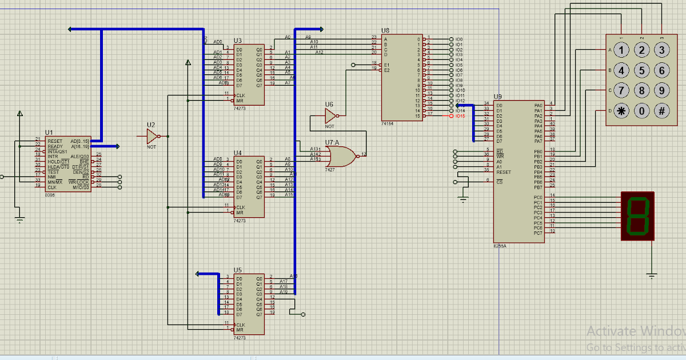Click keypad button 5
642,70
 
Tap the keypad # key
661,110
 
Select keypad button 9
661,90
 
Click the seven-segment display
637,216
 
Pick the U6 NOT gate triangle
330,116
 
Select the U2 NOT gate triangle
152,136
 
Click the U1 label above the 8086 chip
49,133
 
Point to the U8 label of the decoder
385,30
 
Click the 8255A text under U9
500,246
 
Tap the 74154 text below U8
387,123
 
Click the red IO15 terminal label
460,116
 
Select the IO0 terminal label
459,39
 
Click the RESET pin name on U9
503,171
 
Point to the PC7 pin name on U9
537,233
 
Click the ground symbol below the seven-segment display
652,275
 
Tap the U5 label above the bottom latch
238,270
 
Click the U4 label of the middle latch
238,153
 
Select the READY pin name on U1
55,146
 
